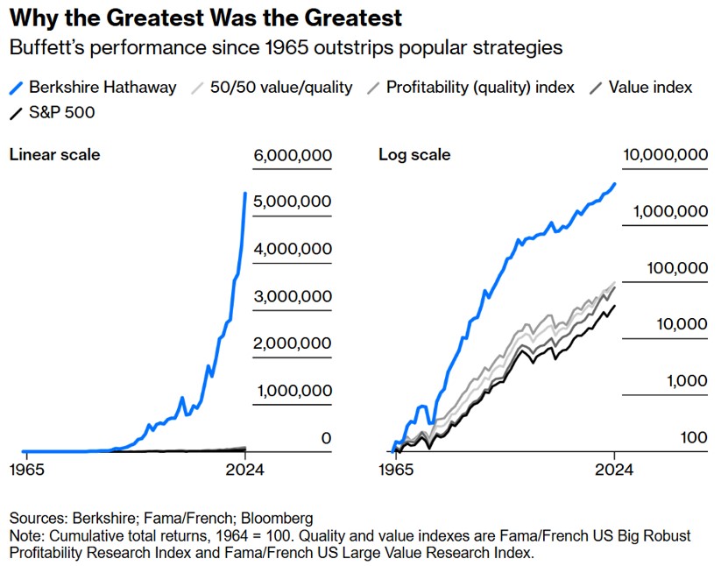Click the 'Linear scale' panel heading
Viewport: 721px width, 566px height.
click(x=54, y=155)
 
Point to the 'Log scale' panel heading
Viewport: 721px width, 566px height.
click(x=414, y=155)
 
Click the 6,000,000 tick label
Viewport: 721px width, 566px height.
click(x=293, y=156)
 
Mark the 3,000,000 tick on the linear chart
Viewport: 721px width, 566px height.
click(x=293, y=296)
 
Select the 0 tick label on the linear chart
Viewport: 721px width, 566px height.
click(x=326, y=437)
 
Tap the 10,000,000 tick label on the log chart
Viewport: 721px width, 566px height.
click(x=665, y=155)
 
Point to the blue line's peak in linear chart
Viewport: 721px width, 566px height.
click(x=245, y=193)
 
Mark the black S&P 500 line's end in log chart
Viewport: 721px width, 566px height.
click(x=615, y=306)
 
